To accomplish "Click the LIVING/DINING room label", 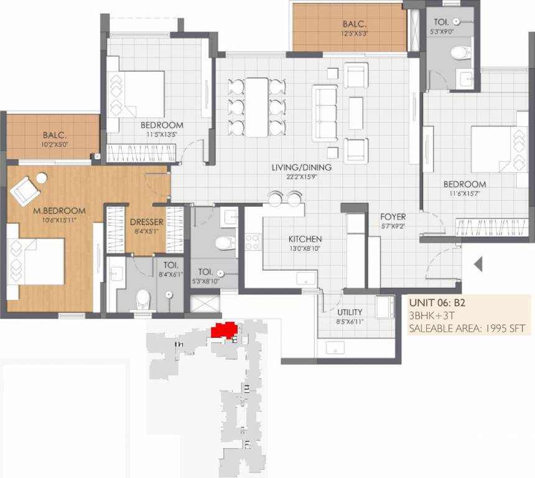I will pos(301,167).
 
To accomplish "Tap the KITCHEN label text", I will pos(305,239).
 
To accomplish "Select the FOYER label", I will pos(393,217).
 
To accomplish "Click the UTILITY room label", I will pos(350,312).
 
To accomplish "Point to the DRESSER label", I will pos(146,222).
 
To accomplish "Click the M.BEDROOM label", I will pos(60,211).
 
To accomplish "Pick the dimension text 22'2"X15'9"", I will pos(301,177).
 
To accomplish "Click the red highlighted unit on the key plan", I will pos(223,330).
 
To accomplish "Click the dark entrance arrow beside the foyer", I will pos(478,265).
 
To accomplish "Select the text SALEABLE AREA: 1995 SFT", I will pos(467,329).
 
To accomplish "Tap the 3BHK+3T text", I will pos(430,316).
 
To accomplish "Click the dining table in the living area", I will pos(256,106).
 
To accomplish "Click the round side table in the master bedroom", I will pos(42,178).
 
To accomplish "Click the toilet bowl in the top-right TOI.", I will pos(461,53).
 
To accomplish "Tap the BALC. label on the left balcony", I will pos(55,135).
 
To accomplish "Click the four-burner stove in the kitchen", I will pos(252,241).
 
